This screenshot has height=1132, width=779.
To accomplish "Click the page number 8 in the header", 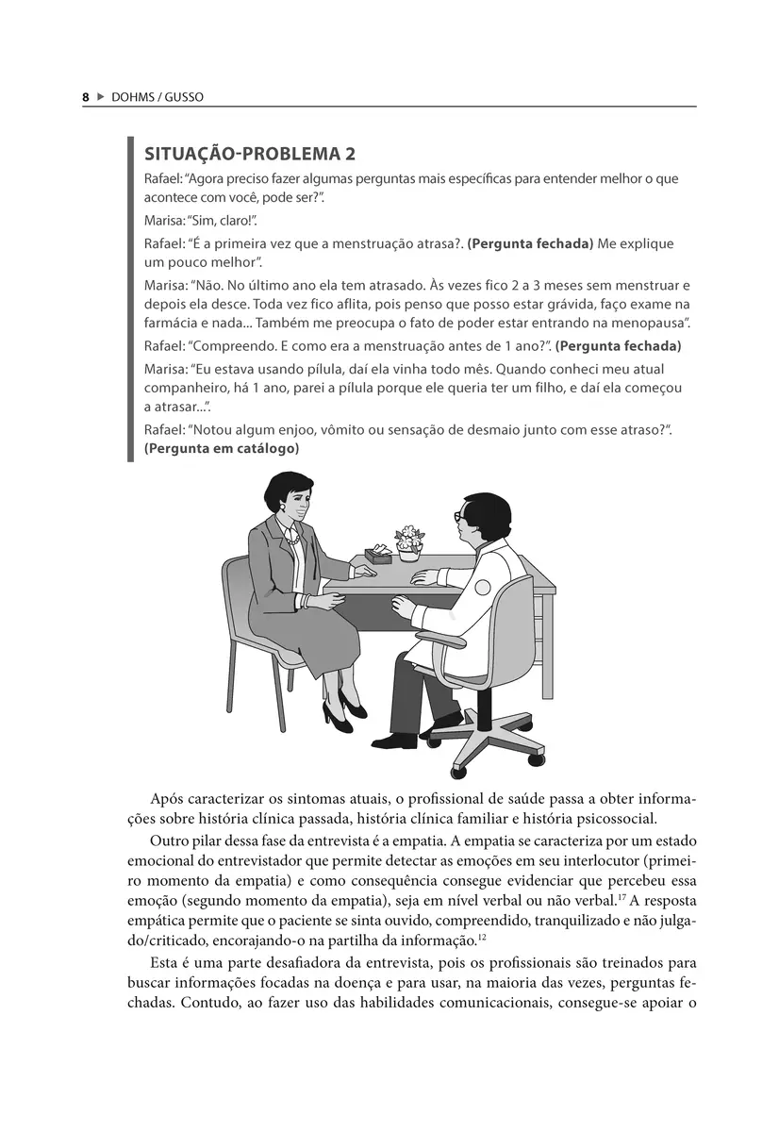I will coord(85,97).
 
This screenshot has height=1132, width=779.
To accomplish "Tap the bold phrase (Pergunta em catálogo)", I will coord(222,449).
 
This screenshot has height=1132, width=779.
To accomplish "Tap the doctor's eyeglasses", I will coord(459,517).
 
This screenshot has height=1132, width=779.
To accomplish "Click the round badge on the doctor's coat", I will coord(482,587).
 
